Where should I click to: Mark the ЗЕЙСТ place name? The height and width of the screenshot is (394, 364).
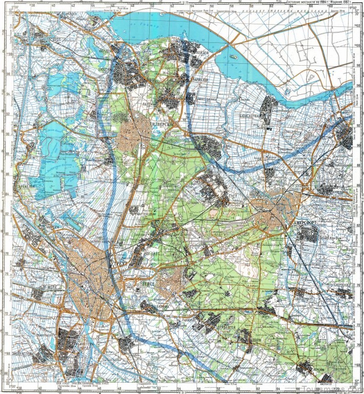coord(150,283)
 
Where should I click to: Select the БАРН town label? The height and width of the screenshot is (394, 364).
coord(226,146)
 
